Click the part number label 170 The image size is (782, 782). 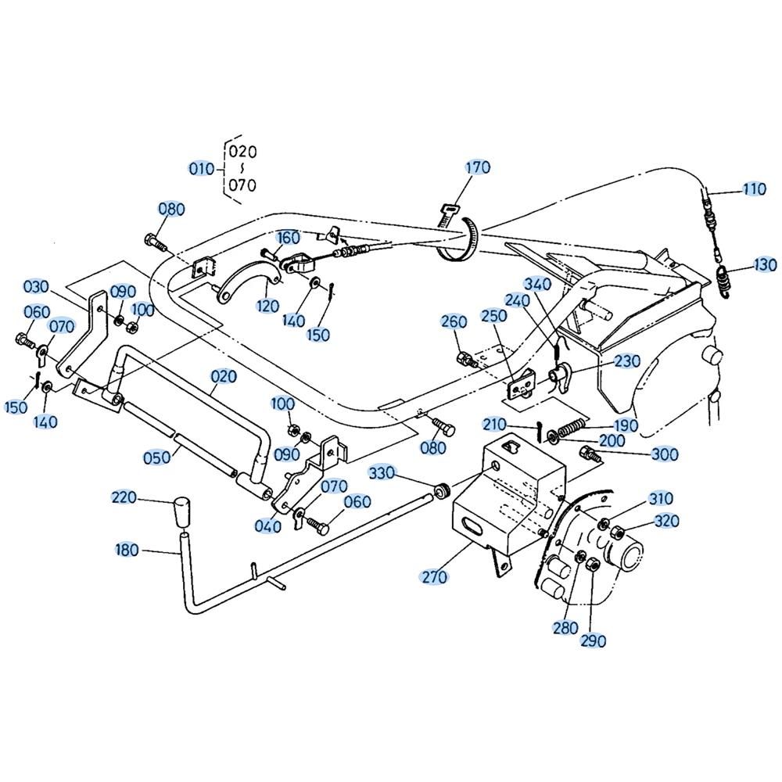pyautogui.click(x=478, y=167)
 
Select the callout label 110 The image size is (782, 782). pyautogui.click(x=754, y=189)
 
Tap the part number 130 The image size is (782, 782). pyautogui.click(x=765, y=264)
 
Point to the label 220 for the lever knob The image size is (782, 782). pyautogui.click(x=124, y=497)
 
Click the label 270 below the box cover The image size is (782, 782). pyautogui.click(x=434, y=577)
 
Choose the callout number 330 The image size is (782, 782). pyautogui.click(x=382, y=473)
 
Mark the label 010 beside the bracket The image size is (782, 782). pyautogui.click(x=202, y=169)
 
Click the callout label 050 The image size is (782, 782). pyautogui.click(x=156, y=457)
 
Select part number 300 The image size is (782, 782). pyautogui.click(x=665, y=454)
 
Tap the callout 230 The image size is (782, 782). pyautogui.click(x=627, y=361)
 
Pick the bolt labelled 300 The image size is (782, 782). pyautogui.click(x=589, y=454)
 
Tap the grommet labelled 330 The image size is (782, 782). pyautogui.click(x=441, y=490)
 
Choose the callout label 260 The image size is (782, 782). pyautogui.click(x=454, y=321)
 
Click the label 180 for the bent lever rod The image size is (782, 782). pyautogui.click(x=127, y=550)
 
